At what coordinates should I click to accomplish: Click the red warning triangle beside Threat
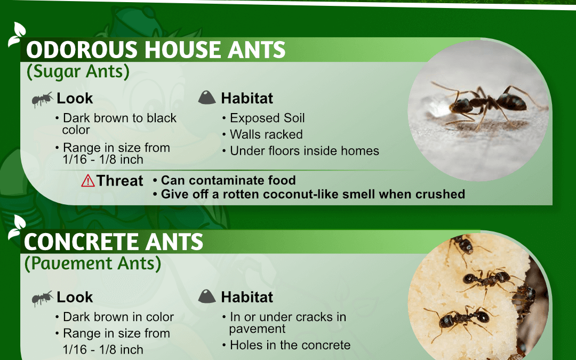pos(88,181)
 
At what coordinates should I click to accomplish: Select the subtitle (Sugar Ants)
pos(78,71)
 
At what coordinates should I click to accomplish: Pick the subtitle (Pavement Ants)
pos(93,263)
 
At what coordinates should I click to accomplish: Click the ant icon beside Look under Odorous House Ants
pos(42,99)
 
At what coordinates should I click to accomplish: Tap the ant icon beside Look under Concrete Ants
pos(42,298)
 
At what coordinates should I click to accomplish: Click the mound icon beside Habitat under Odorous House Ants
pos(207,98)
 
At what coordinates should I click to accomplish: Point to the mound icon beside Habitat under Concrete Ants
pos(207,296)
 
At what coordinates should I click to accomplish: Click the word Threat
pos(120,181)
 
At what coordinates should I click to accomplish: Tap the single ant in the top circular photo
pos(485,104)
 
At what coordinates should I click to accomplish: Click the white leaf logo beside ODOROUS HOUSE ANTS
pos(17,34)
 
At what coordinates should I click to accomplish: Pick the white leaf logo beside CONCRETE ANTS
pos(17,227)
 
